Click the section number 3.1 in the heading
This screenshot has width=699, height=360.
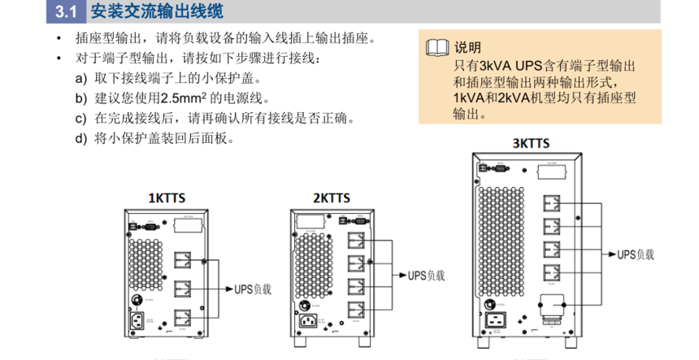click(x=66, y=11)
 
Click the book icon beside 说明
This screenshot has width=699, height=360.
click(x=436, y=47)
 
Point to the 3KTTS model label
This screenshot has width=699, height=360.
click(x=530, y=143)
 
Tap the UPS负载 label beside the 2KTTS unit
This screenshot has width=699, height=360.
click(x=427, y=275)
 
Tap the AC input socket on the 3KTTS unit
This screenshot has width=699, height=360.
click(x=496, y=322)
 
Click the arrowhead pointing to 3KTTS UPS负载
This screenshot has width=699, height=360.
click(x=611, y=254)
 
